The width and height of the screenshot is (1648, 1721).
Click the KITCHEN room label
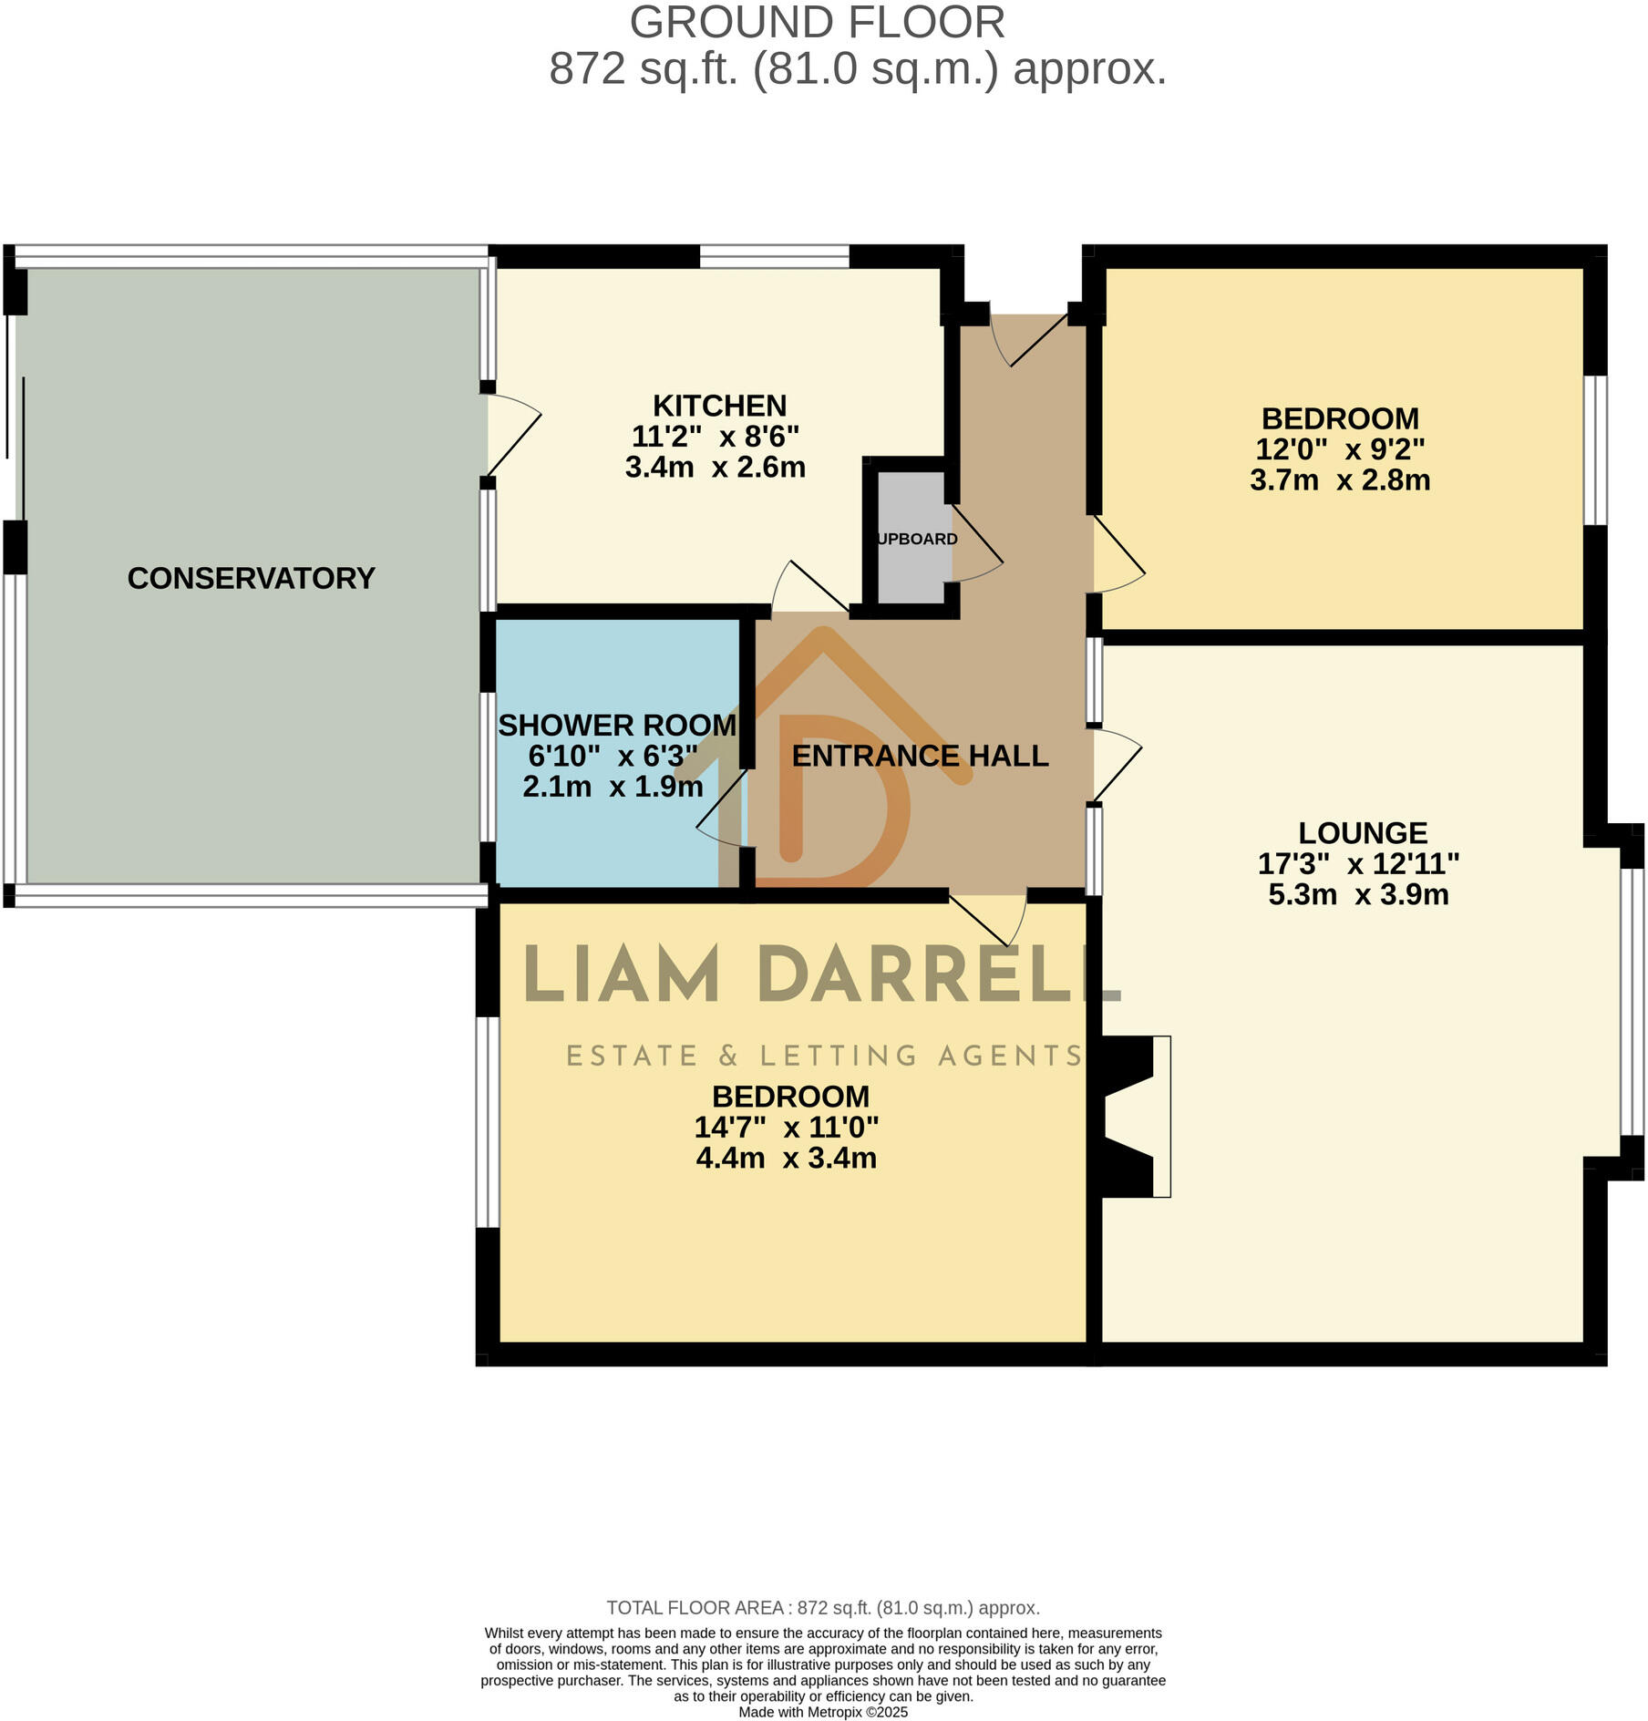tap(719, 406)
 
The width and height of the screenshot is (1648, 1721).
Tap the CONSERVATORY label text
tap(251, 578)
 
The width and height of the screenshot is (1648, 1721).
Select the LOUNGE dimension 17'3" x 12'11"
tap(1358, 863)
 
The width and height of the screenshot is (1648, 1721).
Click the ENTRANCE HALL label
tap(920, 756)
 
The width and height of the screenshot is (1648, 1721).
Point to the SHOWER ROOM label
tap(616, 726)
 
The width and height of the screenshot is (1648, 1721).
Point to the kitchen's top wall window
tap(774, 257)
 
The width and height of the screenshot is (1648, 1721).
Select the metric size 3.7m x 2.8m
tap(1339, 480)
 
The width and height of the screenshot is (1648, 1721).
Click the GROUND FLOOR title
tap(817, 23)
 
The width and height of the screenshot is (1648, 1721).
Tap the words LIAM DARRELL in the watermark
tap(820, 976)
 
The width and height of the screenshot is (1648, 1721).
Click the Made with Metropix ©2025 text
tap(823, 1712)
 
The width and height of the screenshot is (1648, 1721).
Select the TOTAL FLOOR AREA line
tap(823, 1608)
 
